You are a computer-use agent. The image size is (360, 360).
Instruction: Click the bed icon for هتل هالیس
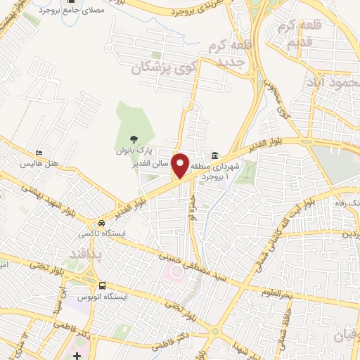39,153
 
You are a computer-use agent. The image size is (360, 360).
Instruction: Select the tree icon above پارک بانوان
134,139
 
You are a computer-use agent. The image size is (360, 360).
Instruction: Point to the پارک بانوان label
134,150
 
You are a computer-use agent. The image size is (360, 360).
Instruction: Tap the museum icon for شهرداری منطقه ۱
214,155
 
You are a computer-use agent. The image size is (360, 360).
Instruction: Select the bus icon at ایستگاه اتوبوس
103,286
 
